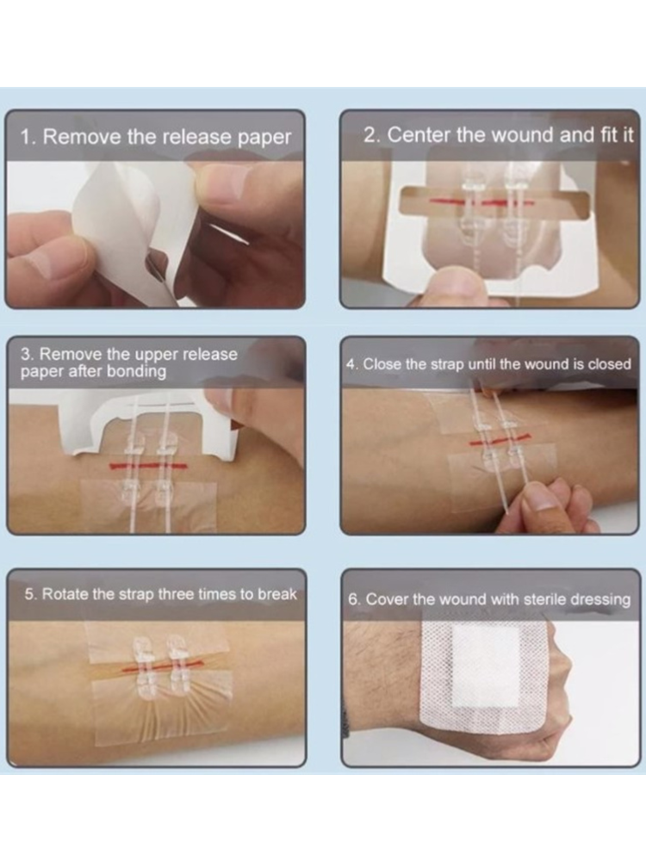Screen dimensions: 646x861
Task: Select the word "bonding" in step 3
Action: [136, 372]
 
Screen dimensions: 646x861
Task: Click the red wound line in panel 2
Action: [481, 202]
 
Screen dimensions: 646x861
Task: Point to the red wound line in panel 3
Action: [148, 467]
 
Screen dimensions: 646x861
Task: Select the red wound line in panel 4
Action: [500, 440]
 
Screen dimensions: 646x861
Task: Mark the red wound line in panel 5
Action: [163, 667]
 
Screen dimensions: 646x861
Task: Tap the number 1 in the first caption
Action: [26, 137]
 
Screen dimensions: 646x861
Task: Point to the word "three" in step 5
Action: [176, 594]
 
